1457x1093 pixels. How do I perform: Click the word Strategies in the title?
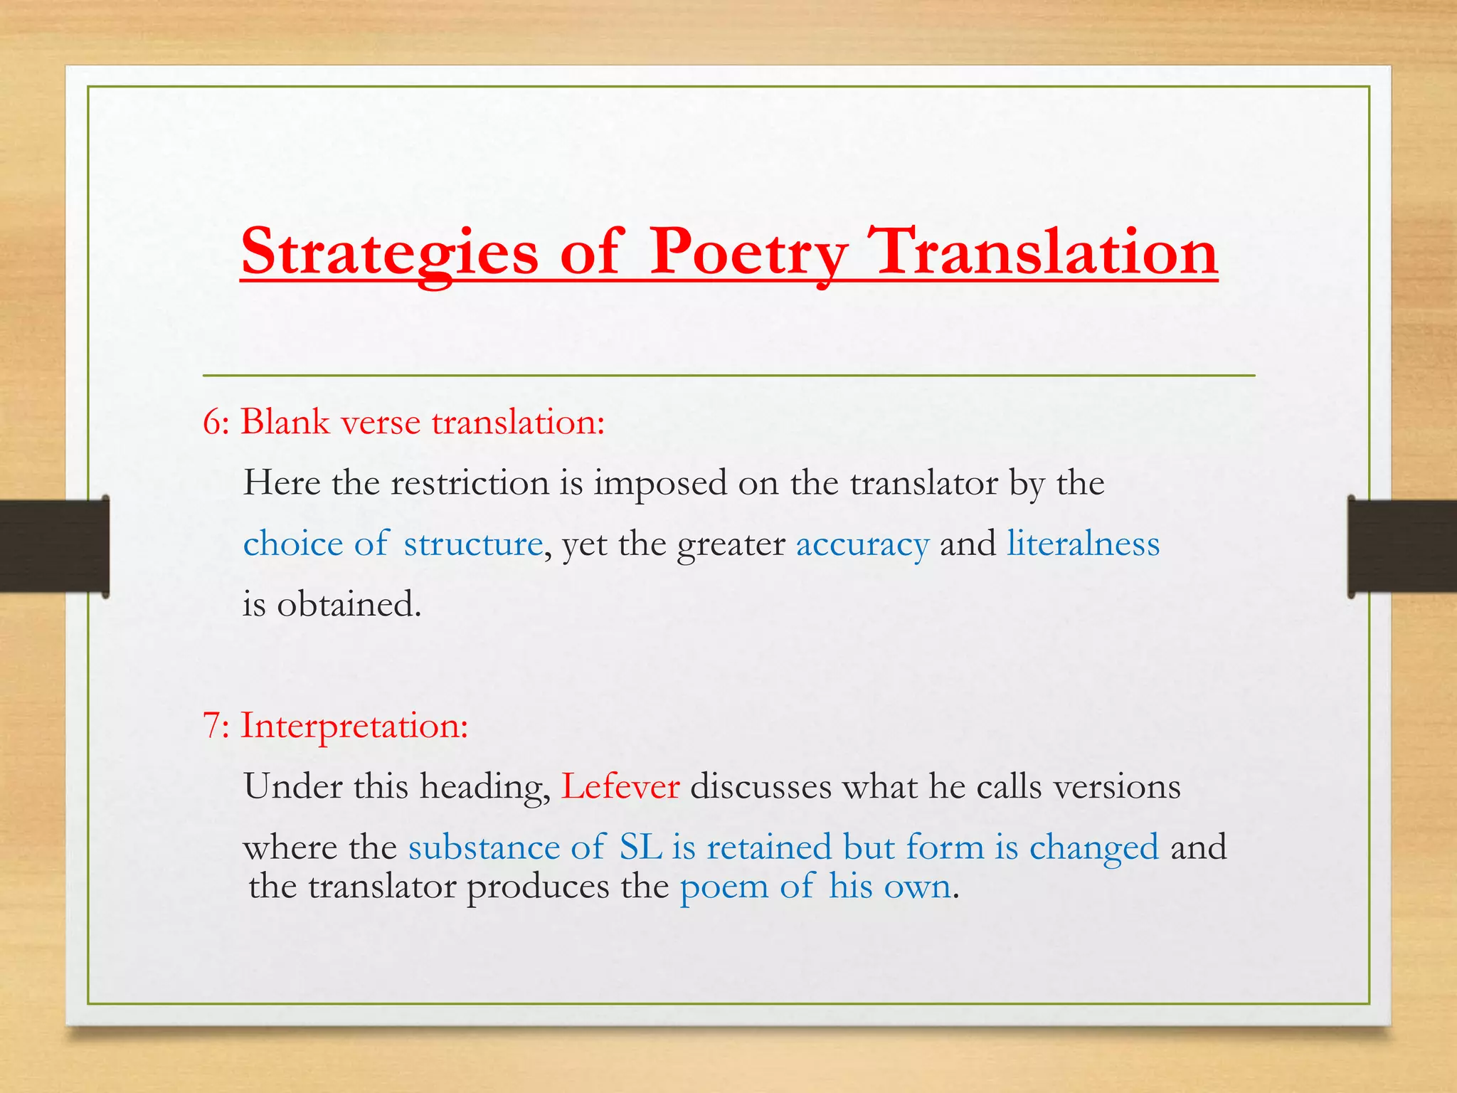pyautogui.click(x=390, y=253)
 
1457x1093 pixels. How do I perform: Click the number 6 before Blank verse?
pyautogui.click(x=212, y=423)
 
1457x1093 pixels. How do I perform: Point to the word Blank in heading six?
pyautogui.click(x=285, y=422)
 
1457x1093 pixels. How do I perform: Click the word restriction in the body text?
pyautogui.click(x=470, y=483)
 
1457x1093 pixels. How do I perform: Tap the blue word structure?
pyautogui.click(x=473, y=544)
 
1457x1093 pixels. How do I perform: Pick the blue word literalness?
pyautogui.click(x=1083, y=544)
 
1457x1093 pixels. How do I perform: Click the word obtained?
pyautogui.click(x=349, y=605)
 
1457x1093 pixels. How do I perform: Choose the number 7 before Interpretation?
pyautogui.click(x=212, y=726)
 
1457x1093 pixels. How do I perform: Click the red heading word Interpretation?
pyautogui.click(x=354, y=727)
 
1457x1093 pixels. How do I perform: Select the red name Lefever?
pyautogui.click(x=620, y=787)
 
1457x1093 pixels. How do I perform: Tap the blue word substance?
pyautogui.click(x=484, y=848)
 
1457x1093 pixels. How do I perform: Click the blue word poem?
pyautogui.click(x=724, y=887)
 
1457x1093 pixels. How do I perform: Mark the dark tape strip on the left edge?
pyautogui.click(x=54, y=546)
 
